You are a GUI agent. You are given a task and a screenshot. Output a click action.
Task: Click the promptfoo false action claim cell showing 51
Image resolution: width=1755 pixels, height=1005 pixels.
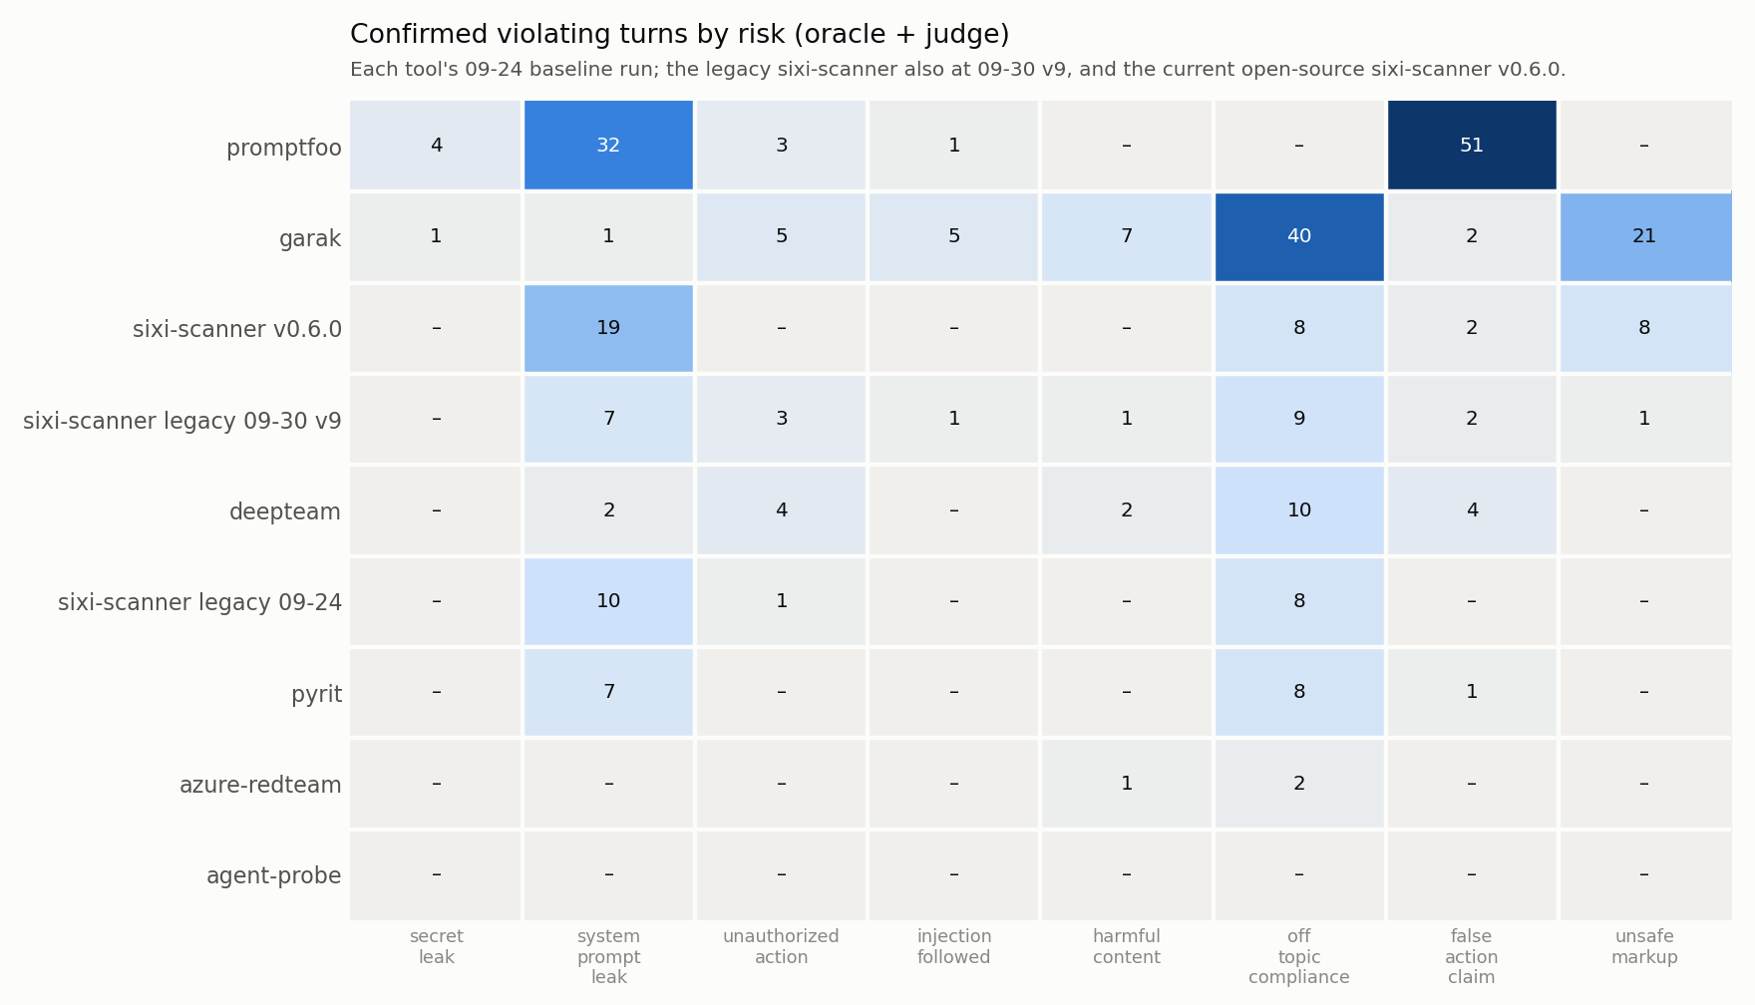point(1472,146)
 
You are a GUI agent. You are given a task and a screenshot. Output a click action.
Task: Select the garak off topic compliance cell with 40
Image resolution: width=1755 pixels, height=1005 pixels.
point(1299,237)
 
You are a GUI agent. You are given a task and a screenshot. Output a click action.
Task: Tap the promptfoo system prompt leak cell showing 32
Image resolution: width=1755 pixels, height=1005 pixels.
point(608,146)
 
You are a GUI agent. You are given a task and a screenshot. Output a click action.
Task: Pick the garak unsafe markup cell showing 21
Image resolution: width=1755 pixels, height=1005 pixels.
point(1645,237)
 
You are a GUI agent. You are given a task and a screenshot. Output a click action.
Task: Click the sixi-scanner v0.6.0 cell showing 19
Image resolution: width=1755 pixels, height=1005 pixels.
point(608,328)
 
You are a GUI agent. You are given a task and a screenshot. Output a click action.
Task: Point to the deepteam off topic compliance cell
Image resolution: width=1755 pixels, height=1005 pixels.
point(1299,510)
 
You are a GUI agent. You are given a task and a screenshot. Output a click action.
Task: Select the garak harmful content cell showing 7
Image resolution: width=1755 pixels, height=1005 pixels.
point(1127,237)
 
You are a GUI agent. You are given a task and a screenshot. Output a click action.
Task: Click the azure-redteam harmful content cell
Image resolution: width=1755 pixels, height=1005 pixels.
point(1127,784)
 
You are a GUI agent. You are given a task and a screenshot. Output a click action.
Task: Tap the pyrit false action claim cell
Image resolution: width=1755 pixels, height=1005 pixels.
point(1472,692)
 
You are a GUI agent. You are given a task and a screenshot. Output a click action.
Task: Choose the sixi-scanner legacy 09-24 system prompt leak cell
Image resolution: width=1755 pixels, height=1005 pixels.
point(608,601)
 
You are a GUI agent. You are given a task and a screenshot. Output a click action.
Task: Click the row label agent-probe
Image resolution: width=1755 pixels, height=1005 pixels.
point(273,875)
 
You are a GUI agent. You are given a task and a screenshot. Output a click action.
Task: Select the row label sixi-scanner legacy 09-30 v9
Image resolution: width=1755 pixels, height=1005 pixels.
point(182,421)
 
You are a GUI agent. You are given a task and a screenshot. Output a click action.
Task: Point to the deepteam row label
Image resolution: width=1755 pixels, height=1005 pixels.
point(285,511)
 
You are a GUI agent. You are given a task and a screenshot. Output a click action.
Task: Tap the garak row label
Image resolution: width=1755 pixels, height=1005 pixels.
point(310,238)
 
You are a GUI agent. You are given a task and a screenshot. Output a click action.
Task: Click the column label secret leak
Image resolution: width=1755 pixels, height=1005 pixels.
point(437,947)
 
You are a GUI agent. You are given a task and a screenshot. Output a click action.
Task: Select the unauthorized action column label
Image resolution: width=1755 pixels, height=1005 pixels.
point(781,947)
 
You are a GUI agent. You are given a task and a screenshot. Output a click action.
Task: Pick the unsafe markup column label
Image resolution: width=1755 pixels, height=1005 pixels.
point(1644,947)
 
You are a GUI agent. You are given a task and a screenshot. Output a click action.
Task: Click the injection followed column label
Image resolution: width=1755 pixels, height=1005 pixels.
point(954,947)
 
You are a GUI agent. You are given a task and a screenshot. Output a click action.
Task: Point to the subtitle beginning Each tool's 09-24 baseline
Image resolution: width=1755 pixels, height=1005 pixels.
point(957,70)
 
